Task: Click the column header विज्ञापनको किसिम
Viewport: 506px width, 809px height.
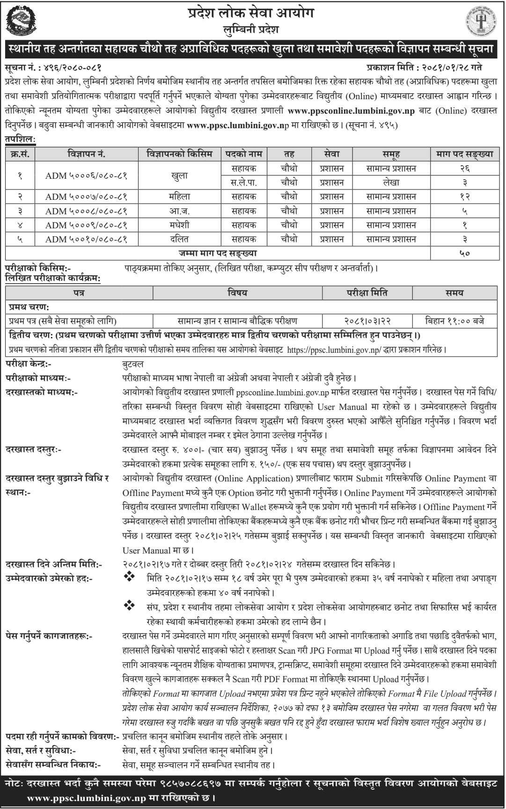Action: (179, 154)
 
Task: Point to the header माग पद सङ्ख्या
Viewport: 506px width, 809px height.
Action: (464, 154)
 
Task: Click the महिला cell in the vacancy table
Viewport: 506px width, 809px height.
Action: (179, 197)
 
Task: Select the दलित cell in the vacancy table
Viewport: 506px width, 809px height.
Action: (179, 240)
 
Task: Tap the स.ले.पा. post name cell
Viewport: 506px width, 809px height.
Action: (244, 182)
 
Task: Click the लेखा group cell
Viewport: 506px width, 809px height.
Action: (391, 182)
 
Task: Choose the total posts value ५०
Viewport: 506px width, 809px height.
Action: (464, 254)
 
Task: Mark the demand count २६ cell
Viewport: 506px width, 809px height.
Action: (464, 168)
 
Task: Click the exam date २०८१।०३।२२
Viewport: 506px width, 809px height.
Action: (367, 321)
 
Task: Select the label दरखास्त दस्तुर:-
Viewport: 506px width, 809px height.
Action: (34, 450)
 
